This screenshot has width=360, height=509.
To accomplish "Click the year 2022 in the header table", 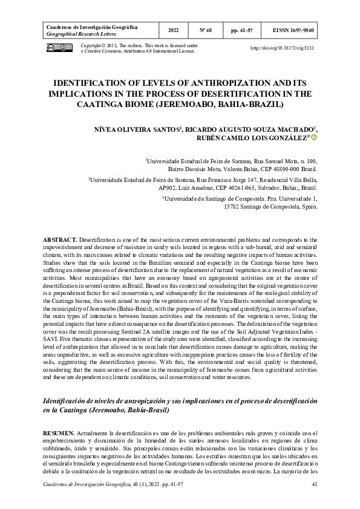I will point(173,30).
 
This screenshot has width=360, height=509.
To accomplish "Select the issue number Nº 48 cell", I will point(207,30).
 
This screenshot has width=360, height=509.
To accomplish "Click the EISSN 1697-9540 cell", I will point(293,30).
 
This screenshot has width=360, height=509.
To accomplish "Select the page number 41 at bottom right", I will point(314,485).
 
